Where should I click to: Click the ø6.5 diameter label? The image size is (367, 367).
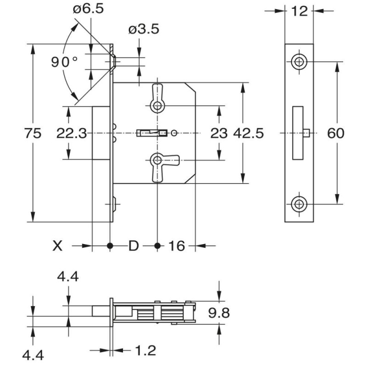click(x=88, y=9)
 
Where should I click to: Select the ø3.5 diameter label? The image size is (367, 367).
click(x=144, y=29)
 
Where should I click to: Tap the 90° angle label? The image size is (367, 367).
click(x=64, y=62)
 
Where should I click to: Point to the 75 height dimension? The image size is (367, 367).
click(x=33, y=133)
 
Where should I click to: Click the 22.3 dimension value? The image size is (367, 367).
click(x=72, y=133)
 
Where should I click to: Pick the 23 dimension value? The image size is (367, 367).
click(x=219, y=133)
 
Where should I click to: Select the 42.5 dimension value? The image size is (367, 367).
click(x=248, y=133)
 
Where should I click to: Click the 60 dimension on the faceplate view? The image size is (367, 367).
click(x=336, y=133)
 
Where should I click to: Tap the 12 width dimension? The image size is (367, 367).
click(x=300, y=11)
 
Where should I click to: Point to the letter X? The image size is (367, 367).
click(x=57, y=246)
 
